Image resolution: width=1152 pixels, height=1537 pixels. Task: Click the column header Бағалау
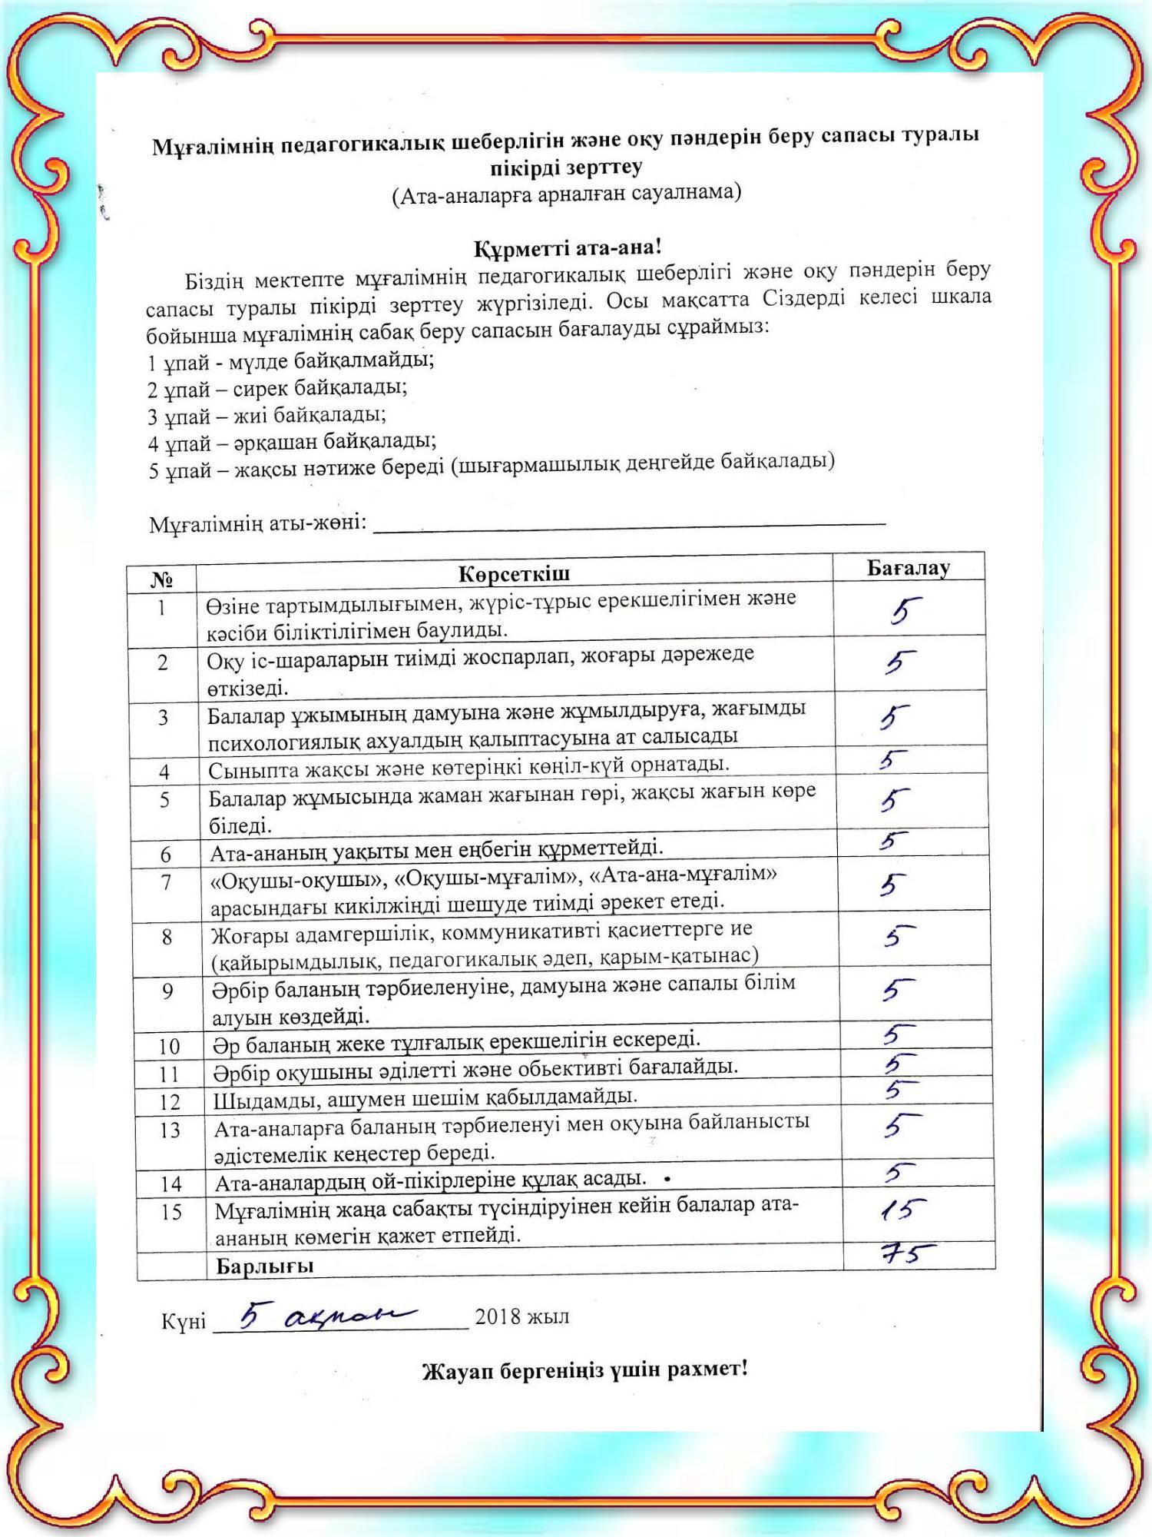(908, 568)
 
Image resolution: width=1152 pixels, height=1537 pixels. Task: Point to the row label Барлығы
(265, 1266)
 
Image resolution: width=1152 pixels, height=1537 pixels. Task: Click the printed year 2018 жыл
(522, 1316)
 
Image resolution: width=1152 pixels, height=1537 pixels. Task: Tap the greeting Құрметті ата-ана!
(567, 248)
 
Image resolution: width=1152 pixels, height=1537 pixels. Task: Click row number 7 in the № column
(165, 883)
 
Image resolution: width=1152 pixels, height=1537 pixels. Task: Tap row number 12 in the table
(170, 1102)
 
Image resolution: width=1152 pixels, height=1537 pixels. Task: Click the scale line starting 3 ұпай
(267, 417)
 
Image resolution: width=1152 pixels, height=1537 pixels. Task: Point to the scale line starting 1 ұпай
(290, 360)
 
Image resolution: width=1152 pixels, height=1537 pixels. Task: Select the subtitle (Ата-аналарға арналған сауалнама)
(567, 194)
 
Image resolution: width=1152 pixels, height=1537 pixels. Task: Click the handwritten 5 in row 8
(899, 936)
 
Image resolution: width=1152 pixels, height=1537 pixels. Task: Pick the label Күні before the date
(184, 1321)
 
